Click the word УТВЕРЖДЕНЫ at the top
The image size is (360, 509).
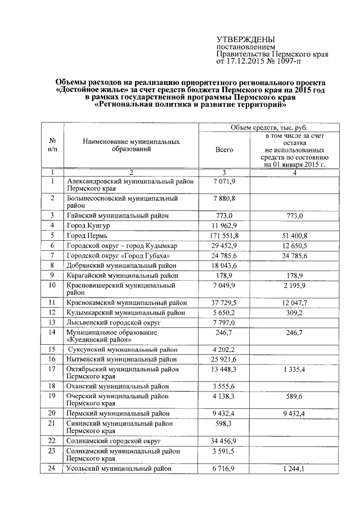coord(246,39)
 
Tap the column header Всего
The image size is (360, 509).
coord(224,150)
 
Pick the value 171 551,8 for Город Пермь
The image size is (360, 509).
coord(224,236)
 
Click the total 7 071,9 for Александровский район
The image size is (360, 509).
coord(224,181)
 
